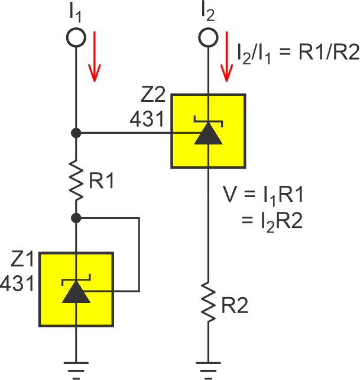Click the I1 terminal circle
[x=76, y=37]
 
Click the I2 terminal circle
[x=208, y=37]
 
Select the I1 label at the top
[x=76, y=12]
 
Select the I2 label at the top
[x=208, y=12]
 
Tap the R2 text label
[x=234, y=306]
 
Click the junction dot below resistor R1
[x=76, y=218]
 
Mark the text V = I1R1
[x=265, y=194]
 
